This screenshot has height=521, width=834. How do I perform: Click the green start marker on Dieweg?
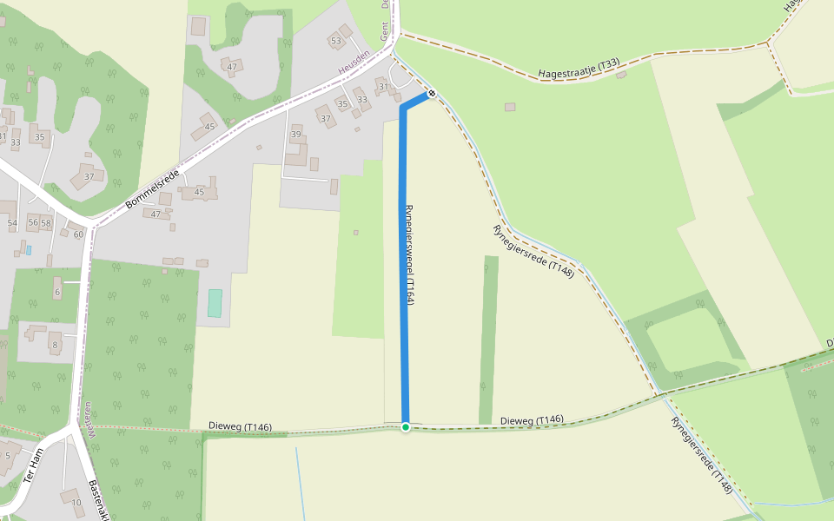406,426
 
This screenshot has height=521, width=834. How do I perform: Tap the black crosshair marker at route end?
431,93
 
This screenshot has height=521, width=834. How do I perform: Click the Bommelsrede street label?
152,188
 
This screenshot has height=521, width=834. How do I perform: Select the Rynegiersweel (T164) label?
410,254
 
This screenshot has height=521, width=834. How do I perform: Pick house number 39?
296,135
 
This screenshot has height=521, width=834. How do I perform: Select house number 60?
78,234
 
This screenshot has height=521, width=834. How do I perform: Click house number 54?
12,223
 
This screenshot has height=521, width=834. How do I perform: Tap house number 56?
33,223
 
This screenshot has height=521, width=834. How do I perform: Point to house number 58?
46,223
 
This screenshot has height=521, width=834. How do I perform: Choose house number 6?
57,293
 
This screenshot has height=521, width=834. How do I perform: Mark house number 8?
55,345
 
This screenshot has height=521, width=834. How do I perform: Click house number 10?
76,502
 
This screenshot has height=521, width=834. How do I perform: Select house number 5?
7,455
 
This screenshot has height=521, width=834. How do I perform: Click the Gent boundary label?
383,32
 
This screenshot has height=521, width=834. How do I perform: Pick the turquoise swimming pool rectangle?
215,303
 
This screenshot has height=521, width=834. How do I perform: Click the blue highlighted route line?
403,260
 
